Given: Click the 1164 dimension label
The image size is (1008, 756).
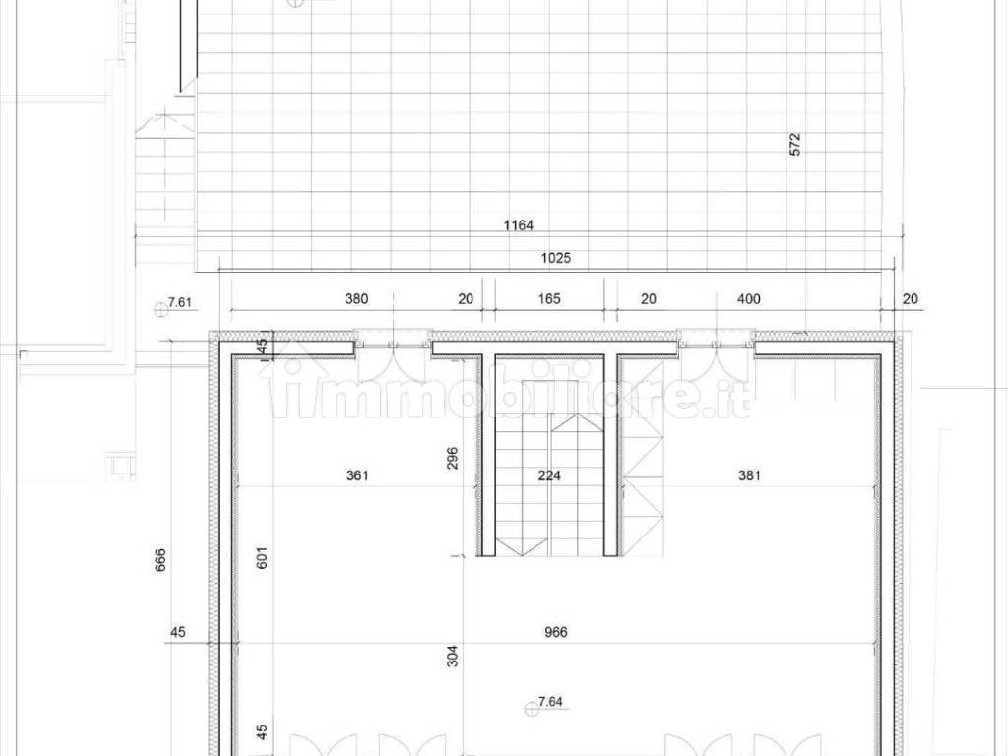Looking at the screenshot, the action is coord(518,225).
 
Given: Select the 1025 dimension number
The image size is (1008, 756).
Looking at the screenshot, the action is coord(556,258).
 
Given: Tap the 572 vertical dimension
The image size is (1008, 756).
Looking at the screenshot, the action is coord(795,144).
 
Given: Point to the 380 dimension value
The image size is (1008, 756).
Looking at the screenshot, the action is coord(356,299).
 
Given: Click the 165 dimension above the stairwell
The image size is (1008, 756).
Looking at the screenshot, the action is coord(549,299).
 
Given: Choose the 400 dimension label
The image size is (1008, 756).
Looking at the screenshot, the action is coord(749,299).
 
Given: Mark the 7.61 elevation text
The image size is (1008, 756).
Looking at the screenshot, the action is coord(180,302).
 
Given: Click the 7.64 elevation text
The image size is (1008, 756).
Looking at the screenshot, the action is coord(551,701).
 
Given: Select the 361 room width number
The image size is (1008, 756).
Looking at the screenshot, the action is coord(357,475).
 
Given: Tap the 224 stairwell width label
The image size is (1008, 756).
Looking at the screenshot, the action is coord(549,475).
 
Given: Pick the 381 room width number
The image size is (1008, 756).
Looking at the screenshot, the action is coord(749,475).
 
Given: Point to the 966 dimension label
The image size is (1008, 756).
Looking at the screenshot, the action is coord(556,632).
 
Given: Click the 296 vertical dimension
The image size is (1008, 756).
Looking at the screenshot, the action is coord(453,459).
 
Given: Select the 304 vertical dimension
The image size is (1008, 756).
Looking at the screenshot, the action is coord(453,656).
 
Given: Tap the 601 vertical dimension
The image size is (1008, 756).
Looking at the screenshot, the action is coord(262,557).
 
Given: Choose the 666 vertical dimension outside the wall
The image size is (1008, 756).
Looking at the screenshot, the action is coord(160,559).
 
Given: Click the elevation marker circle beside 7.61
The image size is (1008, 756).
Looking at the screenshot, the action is coord(160,310).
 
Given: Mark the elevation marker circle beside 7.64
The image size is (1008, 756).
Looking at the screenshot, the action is coord(531,709).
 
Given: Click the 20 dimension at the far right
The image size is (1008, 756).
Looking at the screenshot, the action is coord(911,299).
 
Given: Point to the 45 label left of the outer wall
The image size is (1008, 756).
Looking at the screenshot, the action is coord(178,632).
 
